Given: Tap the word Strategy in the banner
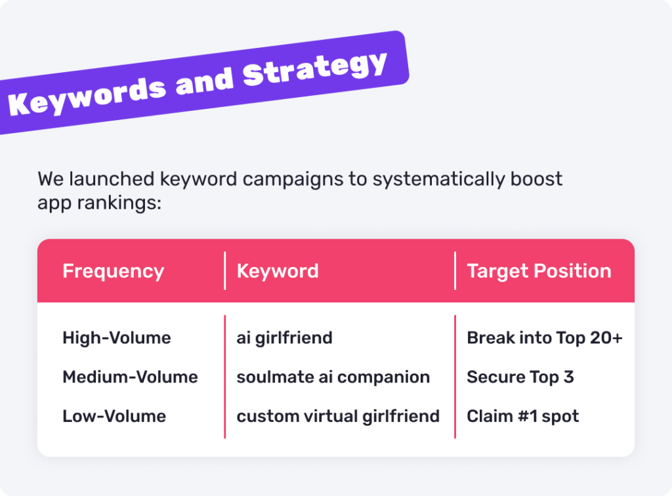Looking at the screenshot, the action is (315, 68).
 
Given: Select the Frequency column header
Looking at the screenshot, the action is (113, 272).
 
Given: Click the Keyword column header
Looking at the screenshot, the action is (278, 271).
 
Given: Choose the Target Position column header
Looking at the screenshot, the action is (539, 272).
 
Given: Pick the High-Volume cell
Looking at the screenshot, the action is (117, 338).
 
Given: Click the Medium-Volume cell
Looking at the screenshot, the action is (131, 377).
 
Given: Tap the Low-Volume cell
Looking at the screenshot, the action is (114, 417).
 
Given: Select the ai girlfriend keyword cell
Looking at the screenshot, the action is (285, 339).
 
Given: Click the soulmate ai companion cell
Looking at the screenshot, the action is (333, 378).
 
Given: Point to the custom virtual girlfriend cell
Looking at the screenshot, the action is (338, 417).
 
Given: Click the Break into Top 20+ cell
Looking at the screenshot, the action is (545, 339).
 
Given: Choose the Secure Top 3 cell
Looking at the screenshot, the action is (520, 378).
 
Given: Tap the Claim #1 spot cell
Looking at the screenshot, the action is (523, 417).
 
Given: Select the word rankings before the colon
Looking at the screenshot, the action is (119, 203).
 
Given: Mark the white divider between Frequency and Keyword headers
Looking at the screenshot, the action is (224, 271).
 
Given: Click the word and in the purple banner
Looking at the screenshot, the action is (204, 81).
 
